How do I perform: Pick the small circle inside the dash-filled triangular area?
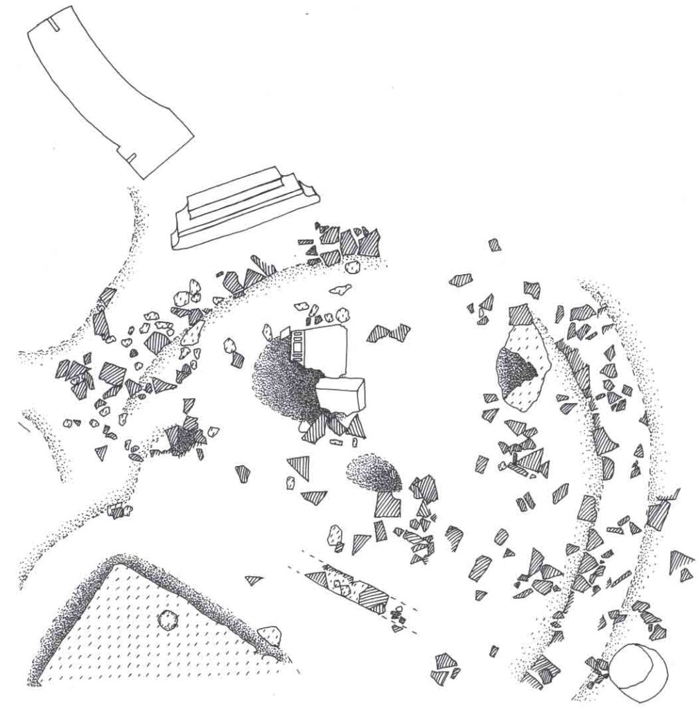click(x=167, y=618)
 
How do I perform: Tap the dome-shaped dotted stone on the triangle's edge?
click(x=270, y=634)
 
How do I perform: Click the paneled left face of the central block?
click(x=299, y=345)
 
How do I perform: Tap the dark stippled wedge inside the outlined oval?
click(x=516, y=370)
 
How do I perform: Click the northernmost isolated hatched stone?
click(x=494, y=244)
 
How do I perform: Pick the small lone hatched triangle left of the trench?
click(x=254, y=580)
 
